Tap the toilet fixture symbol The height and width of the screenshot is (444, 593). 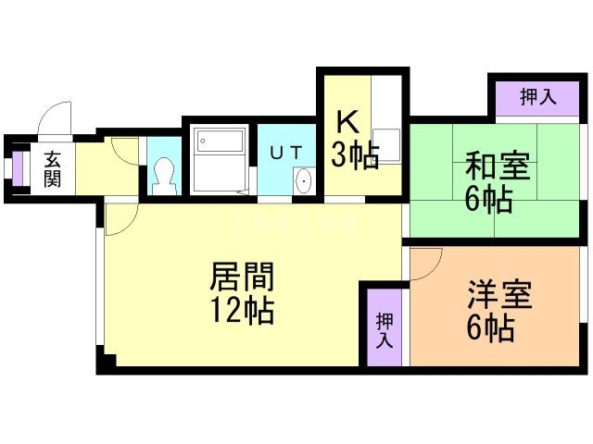[165, 172]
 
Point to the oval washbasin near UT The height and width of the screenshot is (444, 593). [303, 181]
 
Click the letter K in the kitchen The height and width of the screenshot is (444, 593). [347, 121]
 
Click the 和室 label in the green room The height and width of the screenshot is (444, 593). [497, 167]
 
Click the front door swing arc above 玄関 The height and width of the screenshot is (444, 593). [54, 122]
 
